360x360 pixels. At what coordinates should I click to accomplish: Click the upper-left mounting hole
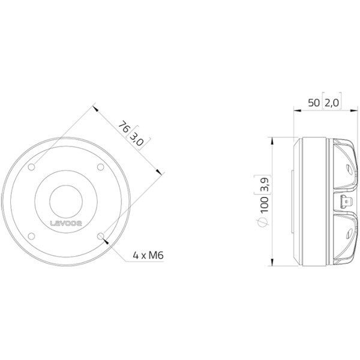[31, 167]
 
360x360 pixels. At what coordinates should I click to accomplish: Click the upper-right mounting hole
[100, 167]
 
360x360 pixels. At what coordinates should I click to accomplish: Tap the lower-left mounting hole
[31, 236]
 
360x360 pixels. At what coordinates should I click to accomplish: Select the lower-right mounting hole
[101, 236]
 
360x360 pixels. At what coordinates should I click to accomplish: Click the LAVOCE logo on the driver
[66, 223]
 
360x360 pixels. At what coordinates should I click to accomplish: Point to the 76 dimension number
[124, 127]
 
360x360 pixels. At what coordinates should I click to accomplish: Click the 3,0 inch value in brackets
[136, 140]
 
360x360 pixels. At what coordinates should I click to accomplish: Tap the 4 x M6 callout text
[148, 255]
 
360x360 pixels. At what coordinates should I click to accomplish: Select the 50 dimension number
[314, 103]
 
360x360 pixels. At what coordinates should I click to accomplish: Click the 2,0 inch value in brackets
[332, 103]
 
